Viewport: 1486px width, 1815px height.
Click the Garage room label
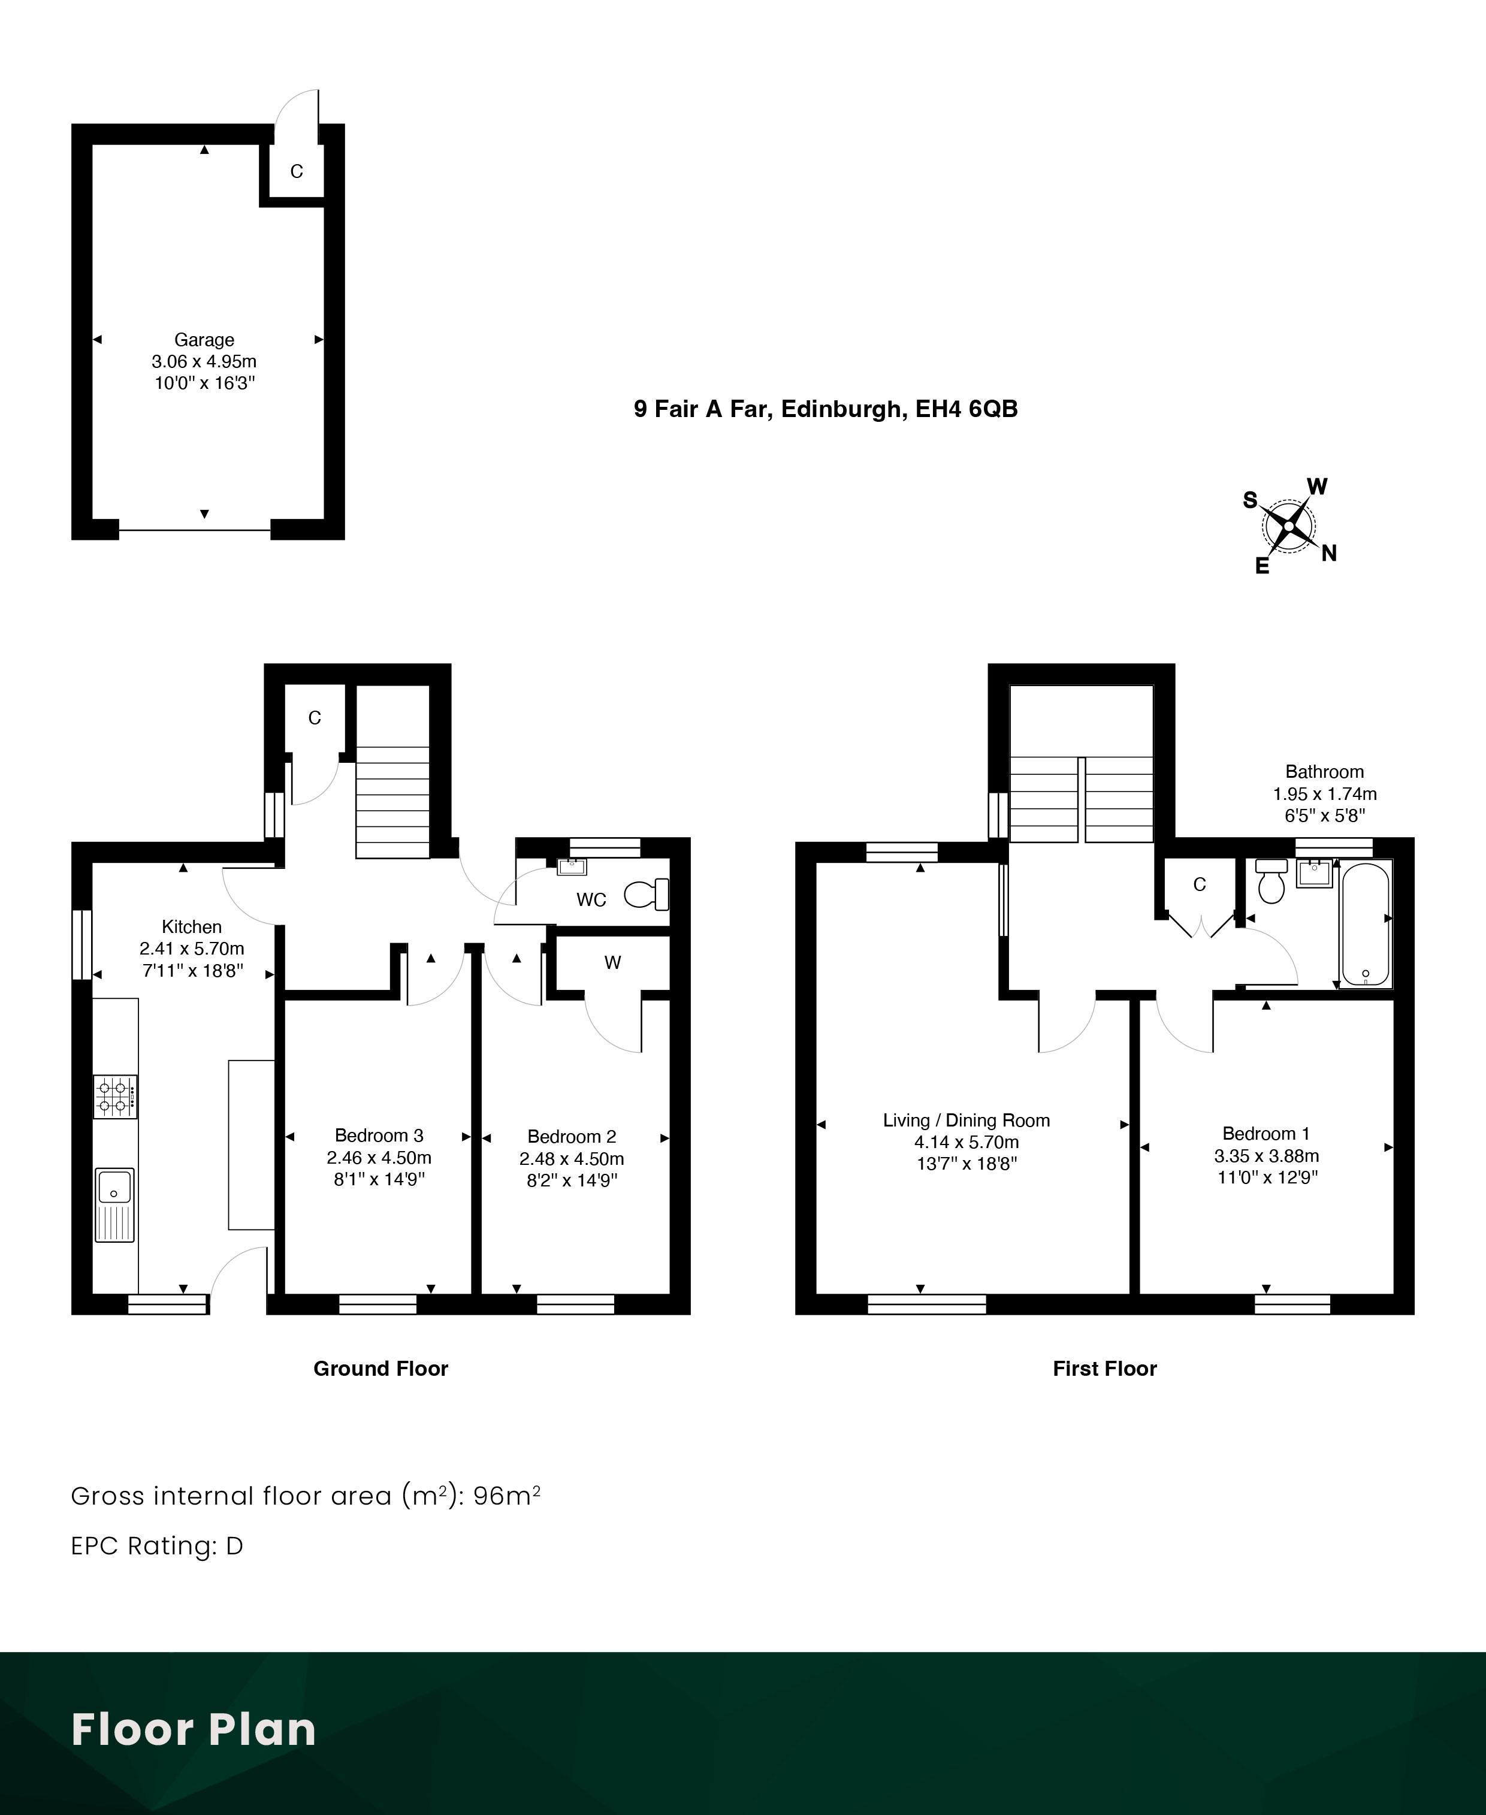[204, 340]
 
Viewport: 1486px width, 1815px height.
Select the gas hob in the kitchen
[114, 1097]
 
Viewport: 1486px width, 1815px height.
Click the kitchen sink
[114, 1204]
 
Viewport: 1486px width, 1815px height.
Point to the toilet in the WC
[647, 895]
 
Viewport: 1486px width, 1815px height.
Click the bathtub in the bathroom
[1366, 925]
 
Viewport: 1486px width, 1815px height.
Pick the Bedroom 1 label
[1266, 1134]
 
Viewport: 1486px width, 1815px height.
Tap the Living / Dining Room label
[966, 1120]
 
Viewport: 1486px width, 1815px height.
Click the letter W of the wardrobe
[613, 962]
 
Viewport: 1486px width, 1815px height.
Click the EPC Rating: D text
[158, 1545]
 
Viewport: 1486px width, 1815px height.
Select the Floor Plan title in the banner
[194, 1729]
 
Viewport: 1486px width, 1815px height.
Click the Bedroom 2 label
[572, 1136]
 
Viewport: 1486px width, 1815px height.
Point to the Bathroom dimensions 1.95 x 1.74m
[1325, 793]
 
